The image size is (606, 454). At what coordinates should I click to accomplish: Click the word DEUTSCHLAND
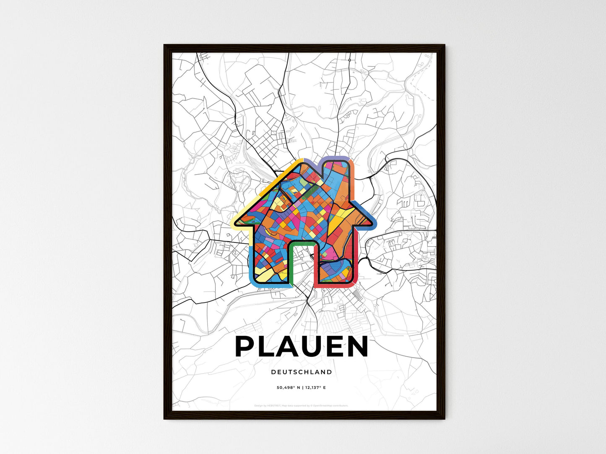pos(302,372)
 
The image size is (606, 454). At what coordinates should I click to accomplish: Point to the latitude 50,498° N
pos(288,387)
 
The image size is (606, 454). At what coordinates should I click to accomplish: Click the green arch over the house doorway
pos(300,242)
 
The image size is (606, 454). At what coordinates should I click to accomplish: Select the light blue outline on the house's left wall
pos(251,264)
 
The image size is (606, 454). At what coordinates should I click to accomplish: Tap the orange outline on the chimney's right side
pos(352,180)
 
